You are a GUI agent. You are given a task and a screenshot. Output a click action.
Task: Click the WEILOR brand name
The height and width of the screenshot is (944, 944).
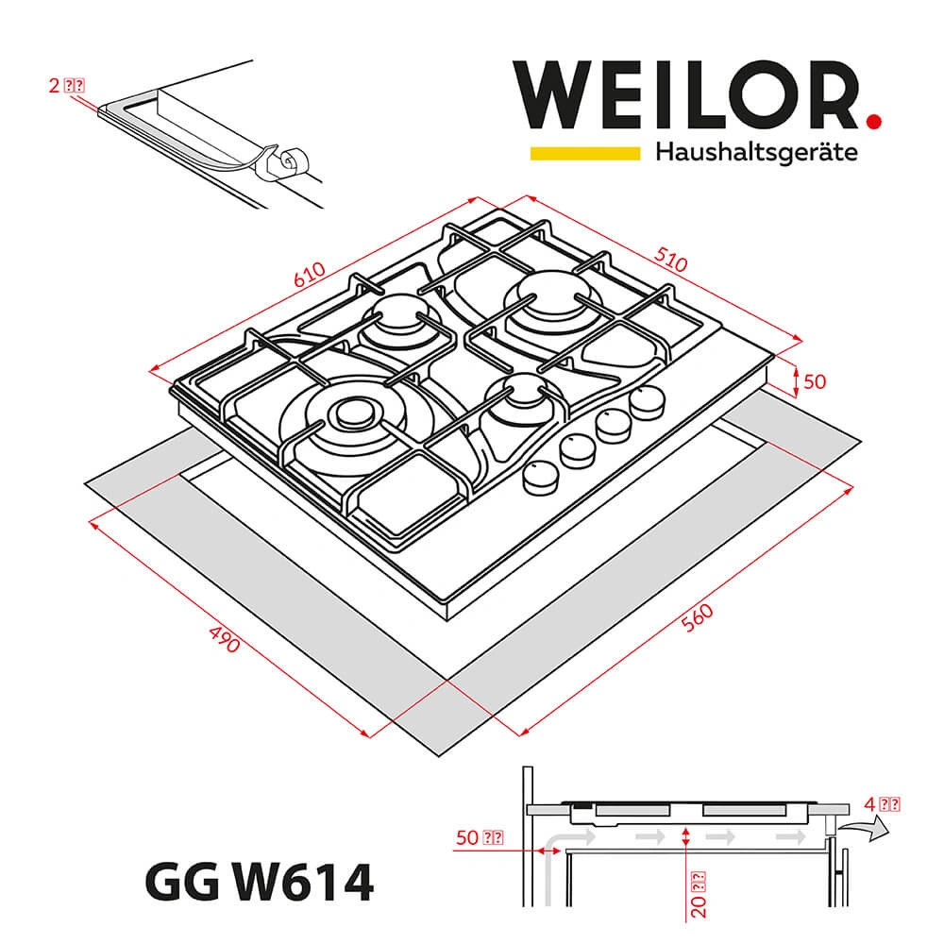click(x=684, y=93)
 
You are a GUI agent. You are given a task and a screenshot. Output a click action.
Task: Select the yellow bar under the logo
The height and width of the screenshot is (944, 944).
click(x=584, y=152)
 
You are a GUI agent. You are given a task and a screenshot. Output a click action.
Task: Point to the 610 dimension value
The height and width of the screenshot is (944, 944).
click(x=309, y=275)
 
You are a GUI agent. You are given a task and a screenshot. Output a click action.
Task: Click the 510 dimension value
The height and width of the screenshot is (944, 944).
click(x=669, y=261)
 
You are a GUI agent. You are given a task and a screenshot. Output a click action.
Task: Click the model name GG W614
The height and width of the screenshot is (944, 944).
click(x=259, y=885)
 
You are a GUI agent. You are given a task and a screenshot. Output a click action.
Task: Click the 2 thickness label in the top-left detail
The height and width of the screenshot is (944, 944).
click(x=66, y=85)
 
